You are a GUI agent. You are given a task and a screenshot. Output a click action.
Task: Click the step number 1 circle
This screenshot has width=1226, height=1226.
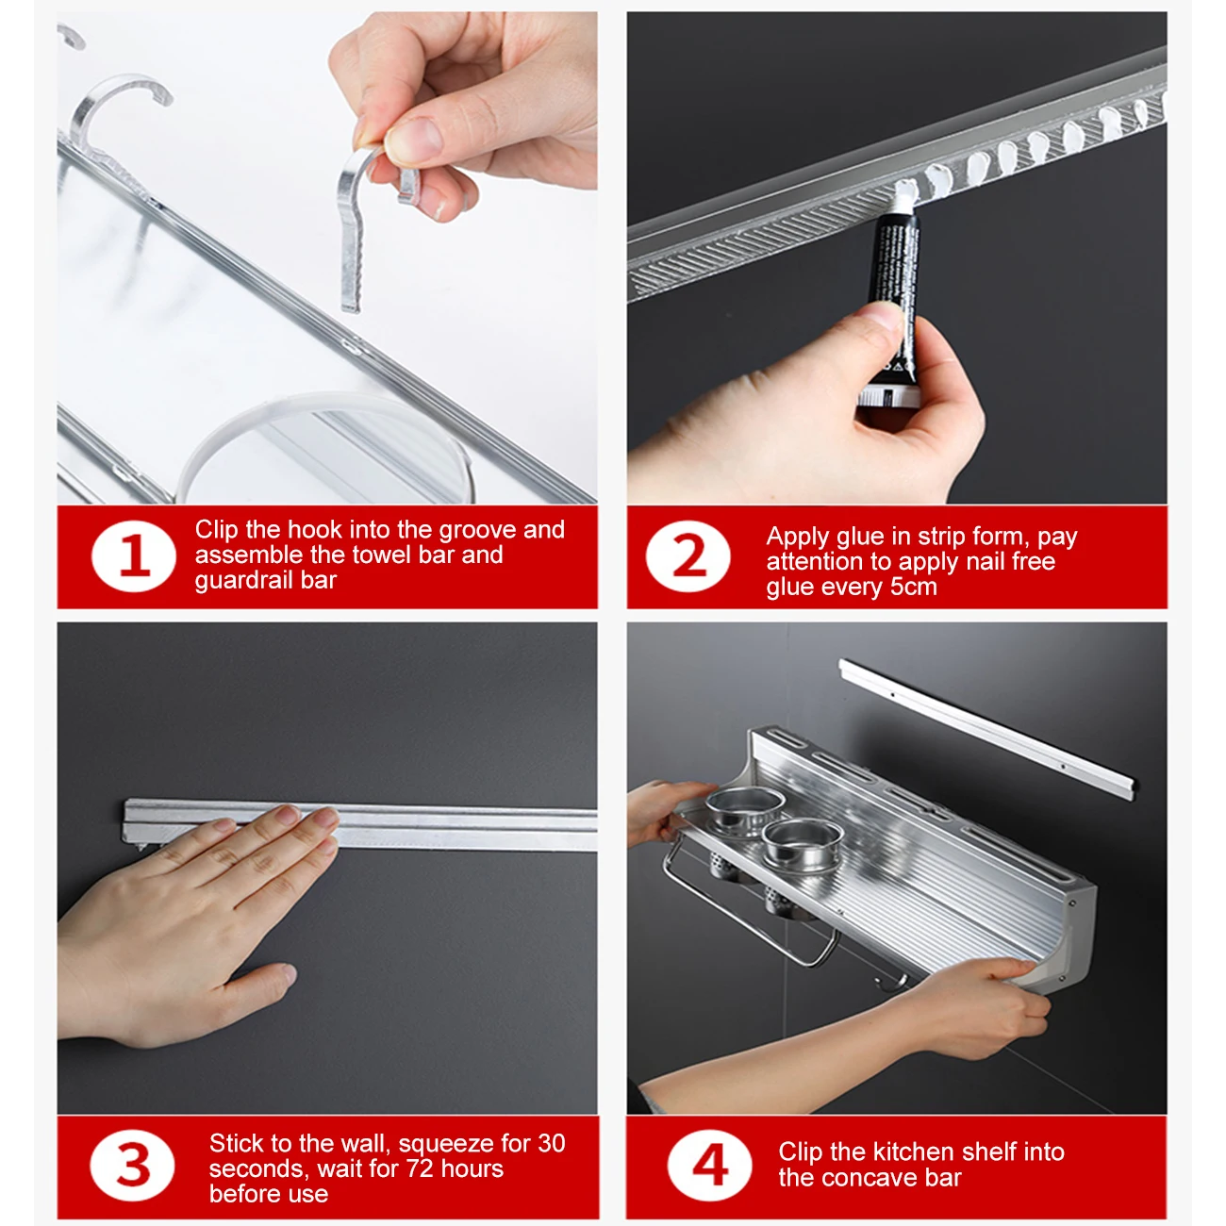pos(134,556)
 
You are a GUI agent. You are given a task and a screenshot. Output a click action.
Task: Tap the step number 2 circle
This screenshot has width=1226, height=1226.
pos(688,556)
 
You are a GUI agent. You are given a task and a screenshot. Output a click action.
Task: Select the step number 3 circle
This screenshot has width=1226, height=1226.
pos(132,1166)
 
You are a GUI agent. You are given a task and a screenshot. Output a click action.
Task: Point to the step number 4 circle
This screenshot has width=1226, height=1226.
pos(709,1166)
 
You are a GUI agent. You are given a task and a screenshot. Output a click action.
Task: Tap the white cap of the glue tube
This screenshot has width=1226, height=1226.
pos(888,397)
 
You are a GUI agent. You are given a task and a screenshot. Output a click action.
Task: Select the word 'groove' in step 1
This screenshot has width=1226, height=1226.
pos(477,530)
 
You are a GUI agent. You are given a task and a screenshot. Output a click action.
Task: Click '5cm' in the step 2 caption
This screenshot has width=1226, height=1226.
pos(913,586)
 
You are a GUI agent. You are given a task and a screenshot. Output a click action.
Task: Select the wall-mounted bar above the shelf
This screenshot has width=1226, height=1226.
pos(986,728)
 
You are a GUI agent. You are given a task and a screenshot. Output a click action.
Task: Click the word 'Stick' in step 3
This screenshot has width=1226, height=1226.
pos(238,1143)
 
